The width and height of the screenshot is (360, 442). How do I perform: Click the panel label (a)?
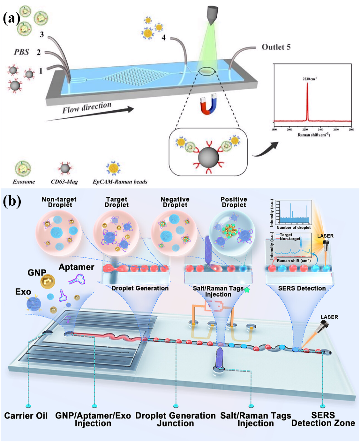11,18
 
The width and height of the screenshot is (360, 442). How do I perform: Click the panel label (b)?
12,201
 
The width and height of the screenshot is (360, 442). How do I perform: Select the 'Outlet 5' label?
276,47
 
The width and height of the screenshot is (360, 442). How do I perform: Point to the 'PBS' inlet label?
21,52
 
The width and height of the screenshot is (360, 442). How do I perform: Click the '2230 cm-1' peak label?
310,79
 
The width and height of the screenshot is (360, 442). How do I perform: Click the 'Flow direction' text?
87,108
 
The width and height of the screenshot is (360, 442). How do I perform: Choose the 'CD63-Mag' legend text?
64,182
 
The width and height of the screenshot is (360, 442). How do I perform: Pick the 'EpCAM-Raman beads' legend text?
120,182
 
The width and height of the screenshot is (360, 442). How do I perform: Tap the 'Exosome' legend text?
24,182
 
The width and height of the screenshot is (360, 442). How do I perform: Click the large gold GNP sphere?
48,282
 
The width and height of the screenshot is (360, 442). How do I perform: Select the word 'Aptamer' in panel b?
77,267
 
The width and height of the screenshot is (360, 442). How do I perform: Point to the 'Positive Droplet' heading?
234,202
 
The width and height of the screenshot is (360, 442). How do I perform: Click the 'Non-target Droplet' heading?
59,202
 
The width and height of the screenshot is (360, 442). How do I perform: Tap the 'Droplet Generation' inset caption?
140,288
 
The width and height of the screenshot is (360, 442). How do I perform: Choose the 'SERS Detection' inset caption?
302,288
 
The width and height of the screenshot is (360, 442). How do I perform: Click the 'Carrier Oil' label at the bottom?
26,416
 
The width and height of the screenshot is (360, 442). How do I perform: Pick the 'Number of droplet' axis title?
294,228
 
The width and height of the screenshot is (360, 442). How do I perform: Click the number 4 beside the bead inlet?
164,38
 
